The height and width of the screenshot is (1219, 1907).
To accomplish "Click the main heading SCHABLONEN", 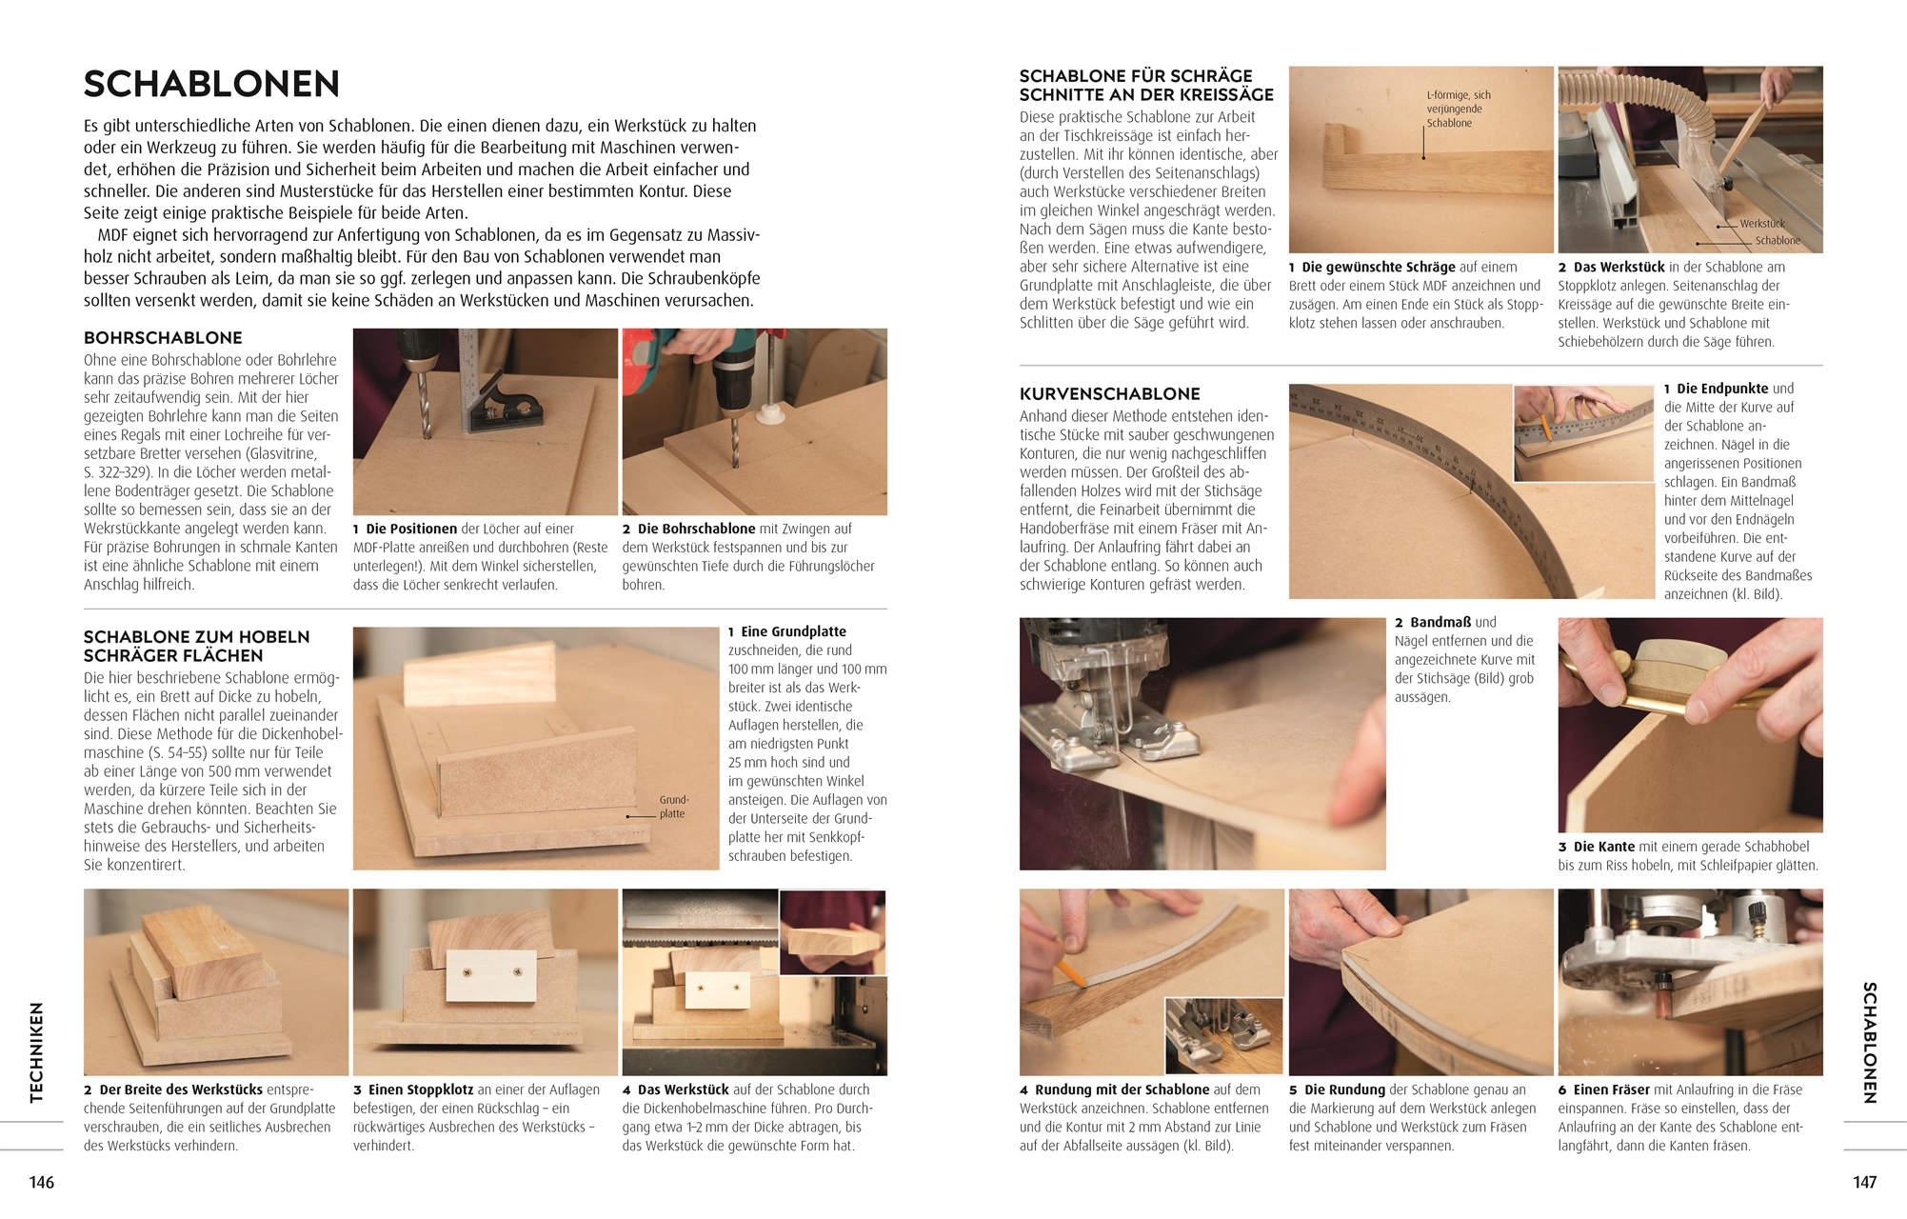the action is click(211, 84).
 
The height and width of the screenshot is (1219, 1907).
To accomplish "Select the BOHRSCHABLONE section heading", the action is click(163, 338).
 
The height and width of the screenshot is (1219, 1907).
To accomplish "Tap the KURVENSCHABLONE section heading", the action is click(1110, 394).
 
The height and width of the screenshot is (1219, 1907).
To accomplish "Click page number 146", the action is click(42, 1182).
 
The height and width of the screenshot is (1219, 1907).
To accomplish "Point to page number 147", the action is click(1864, 1182).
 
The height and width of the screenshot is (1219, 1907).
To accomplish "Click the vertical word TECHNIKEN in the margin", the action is click(37, 1052).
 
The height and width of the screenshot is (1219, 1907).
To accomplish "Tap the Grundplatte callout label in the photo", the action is click(673, 807).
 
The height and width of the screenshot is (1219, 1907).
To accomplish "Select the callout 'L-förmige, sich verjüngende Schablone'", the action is click(1458, 109).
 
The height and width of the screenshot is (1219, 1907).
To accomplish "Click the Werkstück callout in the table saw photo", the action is click(1762, 224).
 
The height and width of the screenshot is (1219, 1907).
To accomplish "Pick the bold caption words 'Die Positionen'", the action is click(411, 529).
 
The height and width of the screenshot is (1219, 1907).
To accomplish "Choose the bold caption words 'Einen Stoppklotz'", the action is click(421, 1089).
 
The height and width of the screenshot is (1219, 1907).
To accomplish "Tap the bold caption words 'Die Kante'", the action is click(1603, 847).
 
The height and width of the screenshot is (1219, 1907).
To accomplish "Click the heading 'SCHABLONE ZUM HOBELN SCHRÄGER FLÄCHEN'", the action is click(197, 647).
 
